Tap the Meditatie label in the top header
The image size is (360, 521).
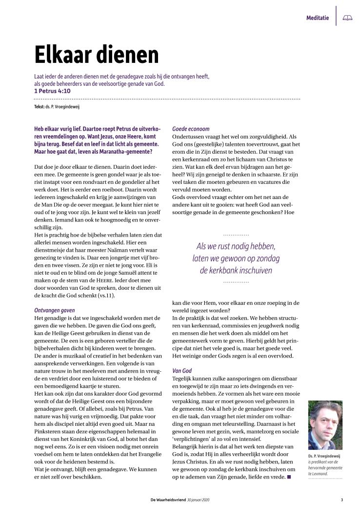[x=317, y=18]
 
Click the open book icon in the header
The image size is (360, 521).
[x=347, y=18]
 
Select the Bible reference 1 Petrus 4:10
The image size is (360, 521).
[x=52, y=91]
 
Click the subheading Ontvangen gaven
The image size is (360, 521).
[x=54, y=310]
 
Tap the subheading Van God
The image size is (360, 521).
[x=181, y=371]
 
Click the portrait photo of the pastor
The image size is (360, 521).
[x=325, y=425]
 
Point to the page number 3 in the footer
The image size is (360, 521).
[x=342, y=500]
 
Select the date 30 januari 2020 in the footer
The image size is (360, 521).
[x=200, y=500]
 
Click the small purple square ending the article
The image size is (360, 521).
[x=289, y=477]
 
